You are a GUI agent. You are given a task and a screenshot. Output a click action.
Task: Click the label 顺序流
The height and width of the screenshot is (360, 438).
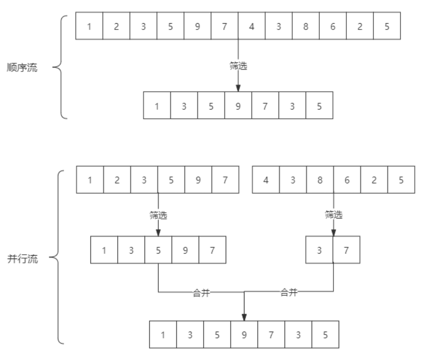tap(22, 68)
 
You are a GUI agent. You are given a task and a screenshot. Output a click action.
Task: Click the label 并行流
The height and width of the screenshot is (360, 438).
tap(22, 259)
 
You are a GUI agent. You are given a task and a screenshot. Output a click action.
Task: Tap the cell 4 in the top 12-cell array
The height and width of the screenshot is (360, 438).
tap(252, 26)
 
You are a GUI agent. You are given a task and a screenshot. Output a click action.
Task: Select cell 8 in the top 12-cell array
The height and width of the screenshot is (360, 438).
tap(306, 26)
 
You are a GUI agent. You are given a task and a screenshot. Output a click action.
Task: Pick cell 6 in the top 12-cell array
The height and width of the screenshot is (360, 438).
tap(333, 26)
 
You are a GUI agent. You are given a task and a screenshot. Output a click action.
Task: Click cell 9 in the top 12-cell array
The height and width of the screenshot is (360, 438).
tap(197, 26)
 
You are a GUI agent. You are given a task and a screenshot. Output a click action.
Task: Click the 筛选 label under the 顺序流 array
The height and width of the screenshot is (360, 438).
tap(238, 66)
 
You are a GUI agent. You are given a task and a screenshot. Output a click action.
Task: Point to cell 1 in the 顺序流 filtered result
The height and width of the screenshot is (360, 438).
tap(157, 106)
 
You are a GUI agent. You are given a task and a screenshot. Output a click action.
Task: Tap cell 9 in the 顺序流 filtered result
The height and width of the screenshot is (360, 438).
tap(238, 106)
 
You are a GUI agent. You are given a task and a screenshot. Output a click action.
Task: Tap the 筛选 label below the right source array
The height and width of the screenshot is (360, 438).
tap(334, 215)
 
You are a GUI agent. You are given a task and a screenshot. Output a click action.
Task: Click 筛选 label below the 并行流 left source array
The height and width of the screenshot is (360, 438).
tap(158, 215)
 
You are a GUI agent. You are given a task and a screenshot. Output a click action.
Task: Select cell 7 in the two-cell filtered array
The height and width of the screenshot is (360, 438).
tap(347, 251)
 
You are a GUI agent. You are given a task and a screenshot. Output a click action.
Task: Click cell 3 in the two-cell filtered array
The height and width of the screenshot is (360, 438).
tap(320, 251)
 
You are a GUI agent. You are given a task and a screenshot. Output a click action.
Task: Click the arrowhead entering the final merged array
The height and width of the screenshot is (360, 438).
tap(244, 317)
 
